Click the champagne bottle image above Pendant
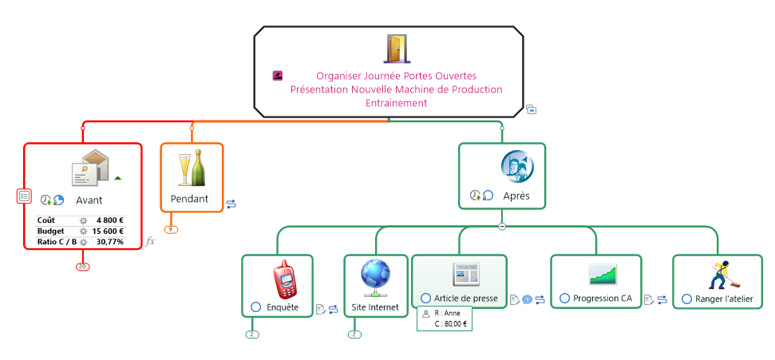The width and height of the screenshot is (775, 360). click(192, 168)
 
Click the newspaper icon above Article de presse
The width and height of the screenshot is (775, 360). click(465, 274)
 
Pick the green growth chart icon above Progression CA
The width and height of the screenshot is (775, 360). click(603, 275)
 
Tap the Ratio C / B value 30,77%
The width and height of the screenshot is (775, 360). click(110, 241)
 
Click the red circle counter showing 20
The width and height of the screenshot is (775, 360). click(82, 266)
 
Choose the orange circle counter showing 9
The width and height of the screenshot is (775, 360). click(171, 230)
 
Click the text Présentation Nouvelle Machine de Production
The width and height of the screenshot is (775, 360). click(397, 89)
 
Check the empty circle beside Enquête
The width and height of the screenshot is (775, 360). click(255, 307)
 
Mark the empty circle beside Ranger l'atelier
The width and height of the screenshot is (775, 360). click(687, 299)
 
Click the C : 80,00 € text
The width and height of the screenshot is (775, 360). click(450, 324)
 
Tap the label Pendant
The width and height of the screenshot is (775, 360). click(189, 198)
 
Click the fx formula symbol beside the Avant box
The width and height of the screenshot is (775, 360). click(150, 240)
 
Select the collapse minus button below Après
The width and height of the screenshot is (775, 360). click(502, 227)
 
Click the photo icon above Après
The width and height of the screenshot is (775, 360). click(517, 166)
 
